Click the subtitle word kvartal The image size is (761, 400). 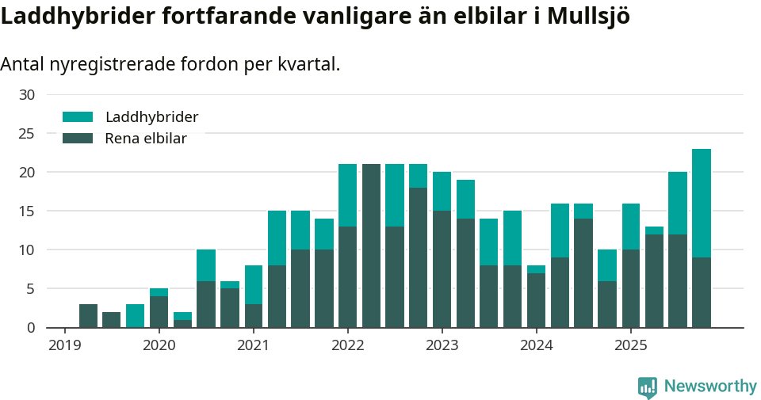pos(308,64)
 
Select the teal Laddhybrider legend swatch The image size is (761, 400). pos(78,117)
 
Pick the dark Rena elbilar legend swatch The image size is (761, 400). pos(78,139)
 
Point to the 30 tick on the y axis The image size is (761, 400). pos(27,95)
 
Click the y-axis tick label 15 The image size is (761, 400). pos(27,211)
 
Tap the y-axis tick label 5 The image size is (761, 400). pos(31,289)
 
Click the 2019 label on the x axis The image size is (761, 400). pos(65,345)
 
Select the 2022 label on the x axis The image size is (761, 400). pos(347,345)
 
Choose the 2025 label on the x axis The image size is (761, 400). pos(630,345)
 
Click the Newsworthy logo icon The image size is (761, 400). pos(648,387)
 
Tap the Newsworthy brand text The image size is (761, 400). pos(710,387)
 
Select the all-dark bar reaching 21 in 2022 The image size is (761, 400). pos(371,246)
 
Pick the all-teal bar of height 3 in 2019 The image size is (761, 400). pos(136,316)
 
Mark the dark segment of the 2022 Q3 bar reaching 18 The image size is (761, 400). pos(419,257)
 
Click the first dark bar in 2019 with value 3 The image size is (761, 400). pos(88,316)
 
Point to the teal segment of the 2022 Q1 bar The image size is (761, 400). pos(347,195)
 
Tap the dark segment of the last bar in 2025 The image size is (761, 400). pos(702,292)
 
